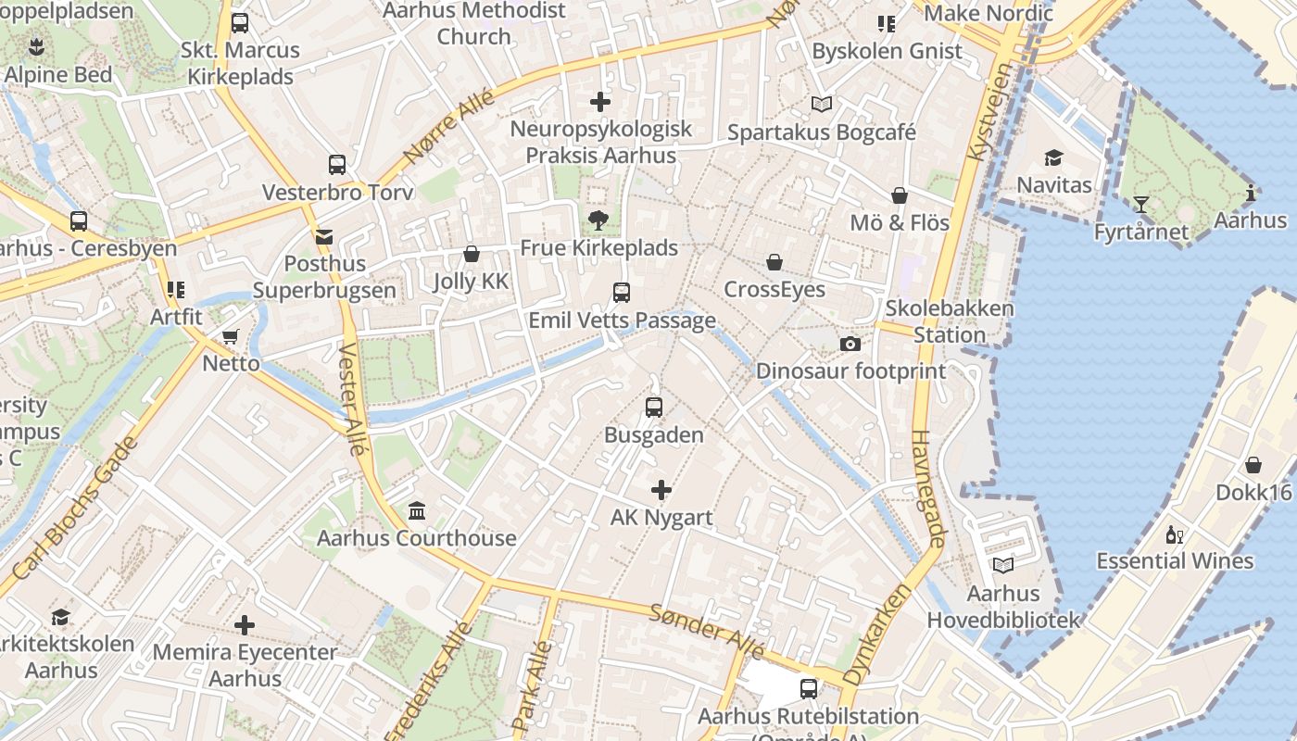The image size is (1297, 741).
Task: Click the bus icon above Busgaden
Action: tap(654, 407)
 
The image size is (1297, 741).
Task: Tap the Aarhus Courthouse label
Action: tap(417, 538)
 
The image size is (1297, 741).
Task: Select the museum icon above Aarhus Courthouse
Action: tap(417, 511)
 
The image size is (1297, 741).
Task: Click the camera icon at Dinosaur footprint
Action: tap(850, 345)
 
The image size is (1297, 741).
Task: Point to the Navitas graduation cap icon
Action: tap(1053, 158)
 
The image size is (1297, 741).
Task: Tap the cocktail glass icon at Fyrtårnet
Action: tap(1141, 205)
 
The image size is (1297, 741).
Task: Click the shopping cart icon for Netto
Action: tap(231, 336)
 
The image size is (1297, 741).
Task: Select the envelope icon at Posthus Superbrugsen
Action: tap(323, 237)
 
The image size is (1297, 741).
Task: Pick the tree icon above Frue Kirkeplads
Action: tap(598, 220)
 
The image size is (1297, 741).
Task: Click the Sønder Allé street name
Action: tap(707, 631)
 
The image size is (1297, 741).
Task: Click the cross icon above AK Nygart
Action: tap(661, 490)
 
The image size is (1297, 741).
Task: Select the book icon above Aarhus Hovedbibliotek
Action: tap(1003, 565)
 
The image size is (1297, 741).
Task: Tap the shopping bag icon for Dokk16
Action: tap(1253, 465)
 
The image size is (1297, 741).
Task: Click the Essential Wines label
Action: tap(1175, 561)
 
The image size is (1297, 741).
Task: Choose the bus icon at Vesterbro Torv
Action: tap(337, 165)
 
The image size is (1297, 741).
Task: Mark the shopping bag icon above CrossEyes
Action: tap(774, 263)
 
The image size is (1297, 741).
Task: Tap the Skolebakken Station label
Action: tap(950, 321)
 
